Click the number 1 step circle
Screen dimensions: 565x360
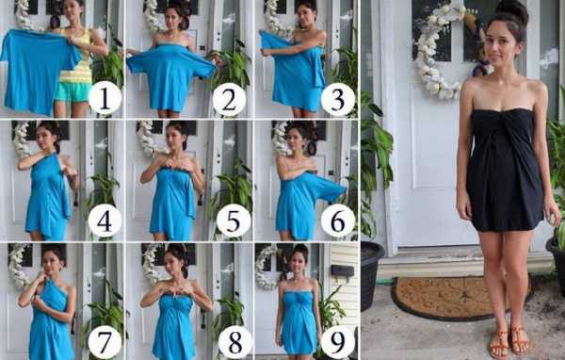[x=105, y=97]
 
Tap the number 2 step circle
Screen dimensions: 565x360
[x=229, y=99]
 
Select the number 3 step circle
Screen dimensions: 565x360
[x=338, y=99]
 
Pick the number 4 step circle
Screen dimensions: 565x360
[x=105, y=221]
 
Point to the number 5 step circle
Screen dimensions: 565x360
[x=234, y=221]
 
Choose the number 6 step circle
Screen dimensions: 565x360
[x=338, y=221]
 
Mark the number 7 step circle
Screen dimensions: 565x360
[x=105, y=341]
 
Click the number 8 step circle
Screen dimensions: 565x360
[x=234, y=341]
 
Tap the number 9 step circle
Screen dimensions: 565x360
[x=338, y=341]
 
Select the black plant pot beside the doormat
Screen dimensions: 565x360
[x=372, y=274]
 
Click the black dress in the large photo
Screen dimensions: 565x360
[x=505, y=170]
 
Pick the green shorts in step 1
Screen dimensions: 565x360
[x=73, y=92]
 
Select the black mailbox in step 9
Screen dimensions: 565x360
[x=343, y=270]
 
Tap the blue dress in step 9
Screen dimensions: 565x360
[x=297, y=321]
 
